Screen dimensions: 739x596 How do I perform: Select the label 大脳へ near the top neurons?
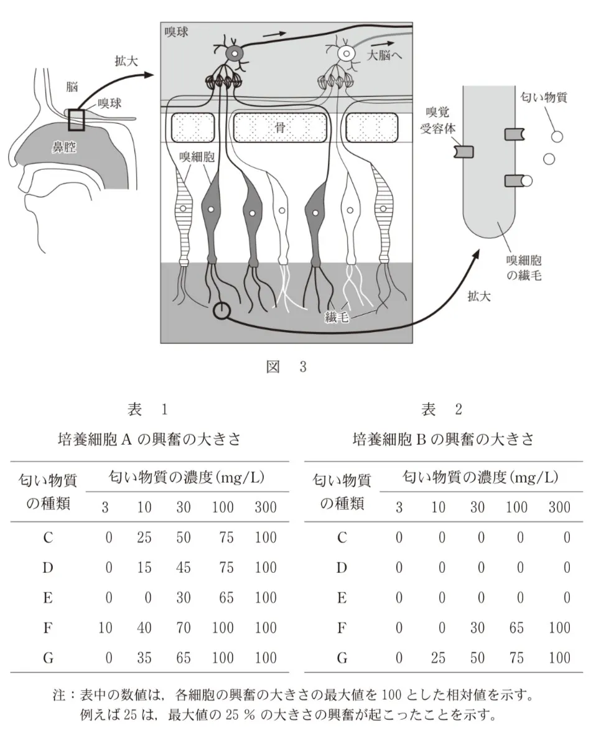tap(385, 54)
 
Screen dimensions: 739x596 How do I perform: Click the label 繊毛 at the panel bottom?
tap(337, 317)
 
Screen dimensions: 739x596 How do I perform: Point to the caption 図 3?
tap(286, 366)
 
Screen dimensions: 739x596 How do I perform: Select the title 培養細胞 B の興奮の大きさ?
tap(443, 439)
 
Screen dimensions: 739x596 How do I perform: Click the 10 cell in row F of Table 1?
tap(105, 628)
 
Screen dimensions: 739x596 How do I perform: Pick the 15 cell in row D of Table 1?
tap(144, 567)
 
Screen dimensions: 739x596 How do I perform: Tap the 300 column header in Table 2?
tap(559, 507)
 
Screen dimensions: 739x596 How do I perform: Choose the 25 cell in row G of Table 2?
tap(438, 658)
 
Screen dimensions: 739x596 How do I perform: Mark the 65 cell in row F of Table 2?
tap(516, 628)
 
